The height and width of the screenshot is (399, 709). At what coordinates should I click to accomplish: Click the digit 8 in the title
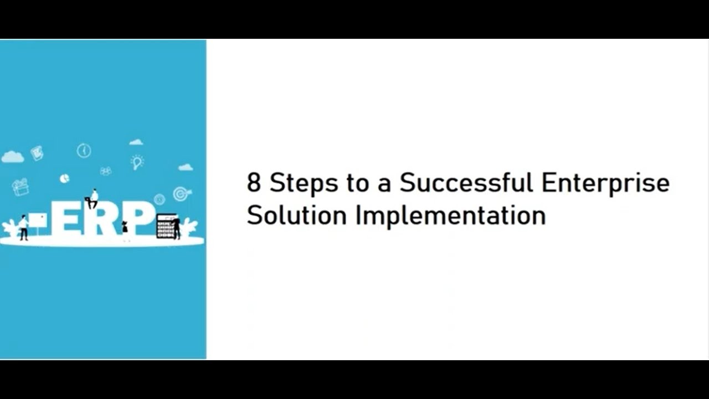[x=254, y=183]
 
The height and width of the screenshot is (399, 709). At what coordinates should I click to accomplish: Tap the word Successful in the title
[x=466, y=183]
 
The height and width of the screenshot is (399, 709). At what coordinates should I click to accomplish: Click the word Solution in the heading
[x=297, y=215]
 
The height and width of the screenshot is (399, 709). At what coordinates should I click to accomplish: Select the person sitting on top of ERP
[x=93, y=198]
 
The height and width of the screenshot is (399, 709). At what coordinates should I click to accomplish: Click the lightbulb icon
[x=137, y=162]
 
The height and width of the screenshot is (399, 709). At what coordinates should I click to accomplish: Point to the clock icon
[x=84, y=150]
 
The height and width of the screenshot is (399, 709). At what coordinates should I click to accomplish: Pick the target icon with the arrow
[x=180, y=193]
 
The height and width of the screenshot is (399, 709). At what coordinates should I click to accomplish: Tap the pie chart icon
[x=64, y=178]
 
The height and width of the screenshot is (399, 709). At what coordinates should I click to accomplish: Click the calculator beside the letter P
[x=166, y=226]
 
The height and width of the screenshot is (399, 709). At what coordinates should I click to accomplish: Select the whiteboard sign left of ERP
[x=38, y=221]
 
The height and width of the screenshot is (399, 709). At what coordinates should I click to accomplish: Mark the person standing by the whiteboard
[x=23, y=227]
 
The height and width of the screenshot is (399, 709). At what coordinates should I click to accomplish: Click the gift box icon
[x=20, y=187]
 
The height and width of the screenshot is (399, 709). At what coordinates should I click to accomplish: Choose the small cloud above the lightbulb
[x=136, y=142]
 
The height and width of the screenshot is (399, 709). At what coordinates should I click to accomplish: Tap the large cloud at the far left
[x=12, y=157]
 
